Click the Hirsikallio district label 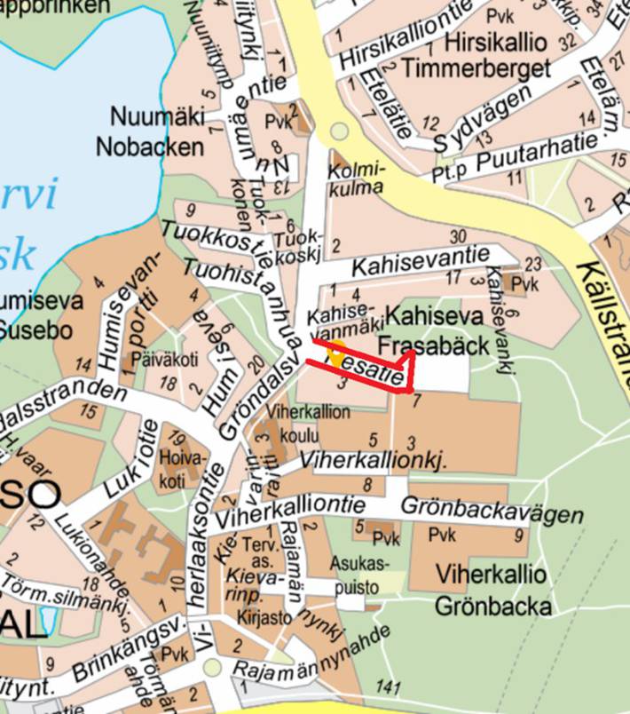point(499,42)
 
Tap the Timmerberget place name point(476,68)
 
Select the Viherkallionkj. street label point(373,461)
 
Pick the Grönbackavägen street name point(493,511)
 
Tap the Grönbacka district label point(493,606)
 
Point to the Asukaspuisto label point(360,575)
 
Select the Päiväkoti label point(153,360)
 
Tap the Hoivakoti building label point(181,467)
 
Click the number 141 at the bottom point(389,686)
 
